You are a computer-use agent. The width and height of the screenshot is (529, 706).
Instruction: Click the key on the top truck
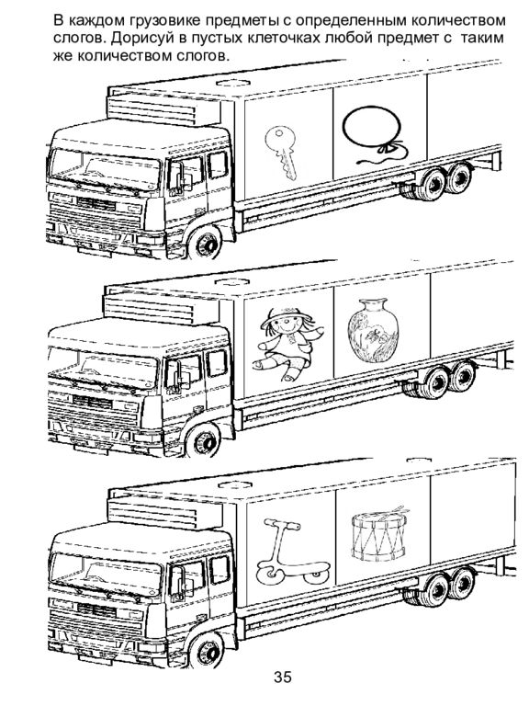(x=282, y=153)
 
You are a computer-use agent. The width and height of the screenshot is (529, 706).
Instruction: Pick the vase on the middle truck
(x=373, y=330)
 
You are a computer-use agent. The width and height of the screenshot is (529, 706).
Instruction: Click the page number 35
(x=283, y=677)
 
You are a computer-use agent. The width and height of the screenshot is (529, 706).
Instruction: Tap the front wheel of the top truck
(x=206, y=243)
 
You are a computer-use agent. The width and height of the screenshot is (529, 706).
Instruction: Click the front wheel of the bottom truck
(x=207, y=650)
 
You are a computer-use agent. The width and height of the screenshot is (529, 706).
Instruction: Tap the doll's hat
(x=287, y=315)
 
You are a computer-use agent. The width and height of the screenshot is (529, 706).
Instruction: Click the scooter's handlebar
(x=282, y=523)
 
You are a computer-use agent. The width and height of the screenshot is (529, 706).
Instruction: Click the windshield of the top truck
(x=106, y=167)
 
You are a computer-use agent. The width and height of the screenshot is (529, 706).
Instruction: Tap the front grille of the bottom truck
(x=95, y=620)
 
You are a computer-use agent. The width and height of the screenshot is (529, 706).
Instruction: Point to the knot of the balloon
(x=388, y=147)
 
